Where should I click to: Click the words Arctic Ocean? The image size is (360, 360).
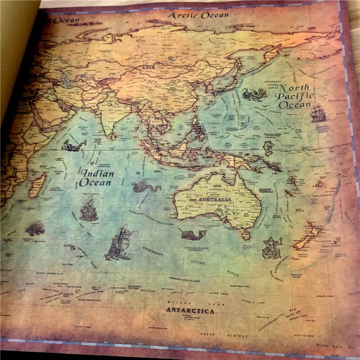198,15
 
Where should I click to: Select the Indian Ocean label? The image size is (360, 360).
95,178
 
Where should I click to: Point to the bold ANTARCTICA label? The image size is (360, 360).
190,310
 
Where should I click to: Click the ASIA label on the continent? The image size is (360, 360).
148,68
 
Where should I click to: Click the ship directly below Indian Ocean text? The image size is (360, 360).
89,209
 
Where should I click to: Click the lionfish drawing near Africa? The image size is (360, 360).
35,228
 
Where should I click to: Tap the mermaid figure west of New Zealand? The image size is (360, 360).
271,247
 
